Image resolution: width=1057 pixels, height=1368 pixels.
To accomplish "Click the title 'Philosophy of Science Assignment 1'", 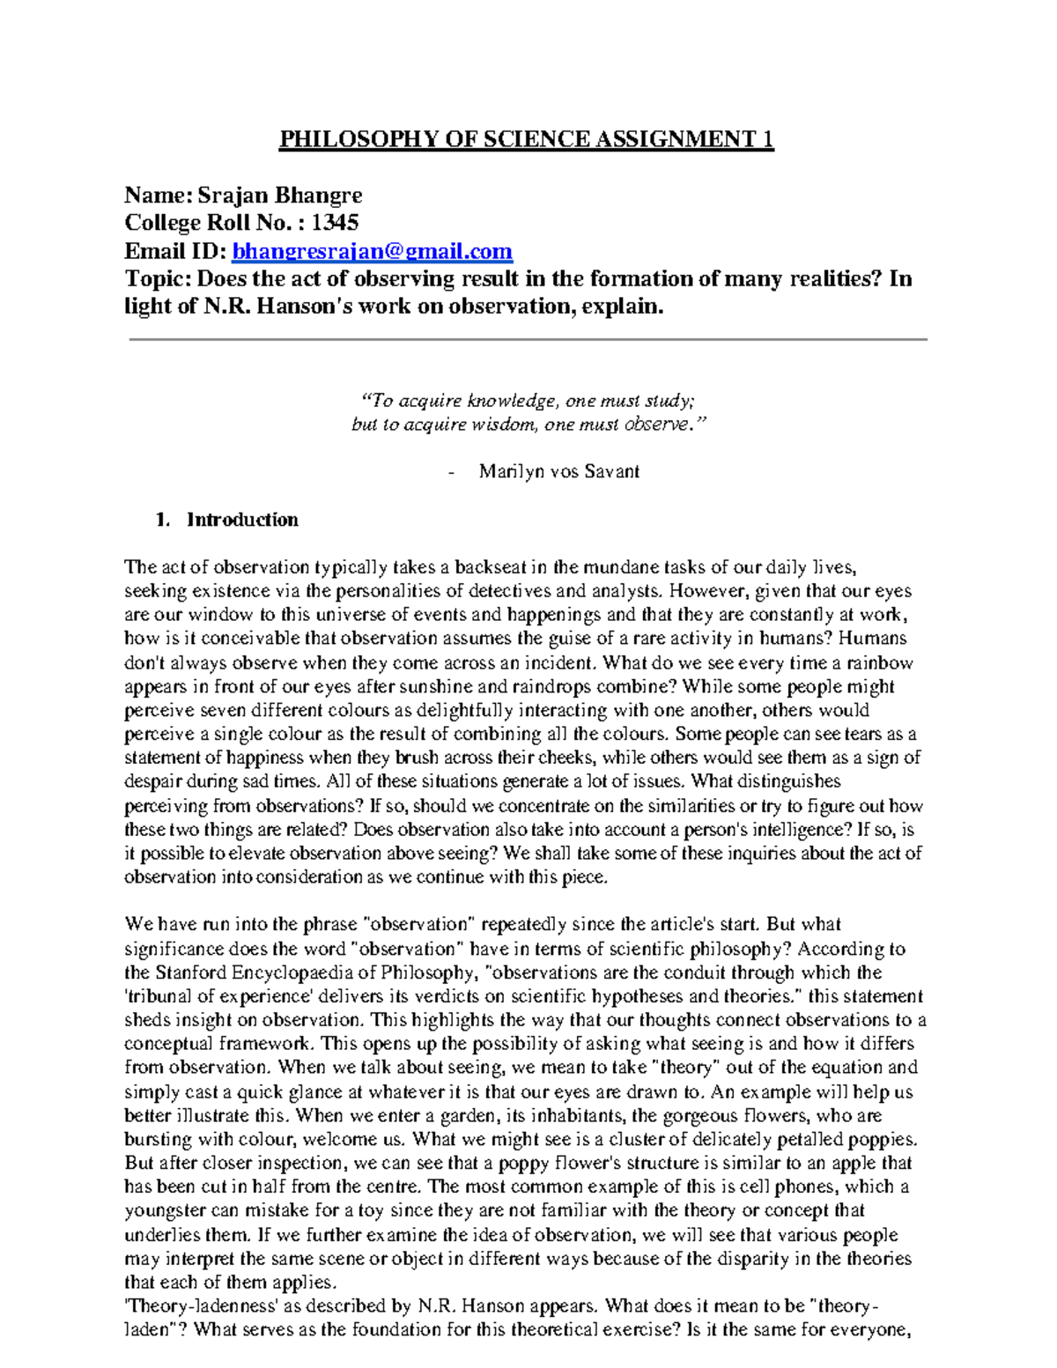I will [x=526, y=139].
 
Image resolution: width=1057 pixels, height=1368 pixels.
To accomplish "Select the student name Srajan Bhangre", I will [x=279, y=195].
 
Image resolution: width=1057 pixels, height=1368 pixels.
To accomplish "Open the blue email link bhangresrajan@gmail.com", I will [x=372, y=251].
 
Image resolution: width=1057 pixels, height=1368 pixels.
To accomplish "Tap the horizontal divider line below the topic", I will [x=528, y=339].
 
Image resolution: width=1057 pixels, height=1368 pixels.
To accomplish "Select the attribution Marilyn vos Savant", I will [x=558, y=471].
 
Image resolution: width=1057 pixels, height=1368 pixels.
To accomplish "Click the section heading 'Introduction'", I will [x=242, y=520].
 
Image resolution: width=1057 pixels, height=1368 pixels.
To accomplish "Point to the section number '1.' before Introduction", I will [x=161, y=520].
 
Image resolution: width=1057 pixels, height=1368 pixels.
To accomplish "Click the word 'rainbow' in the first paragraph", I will [x=880, y=662].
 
